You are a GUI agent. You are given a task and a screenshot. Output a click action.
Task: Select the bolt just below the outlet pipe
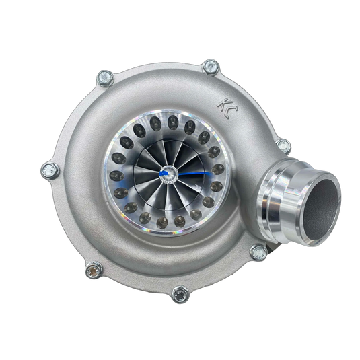(257, 252)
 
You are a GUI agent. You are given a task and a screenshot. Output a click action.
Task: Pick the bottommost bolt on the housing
(180, 294)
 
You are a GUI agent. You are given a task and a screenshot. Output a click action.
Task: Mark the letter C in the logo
(225, 110)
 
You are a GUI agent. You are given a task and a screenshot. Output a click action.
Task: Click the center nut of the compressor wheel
(164, 175)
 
